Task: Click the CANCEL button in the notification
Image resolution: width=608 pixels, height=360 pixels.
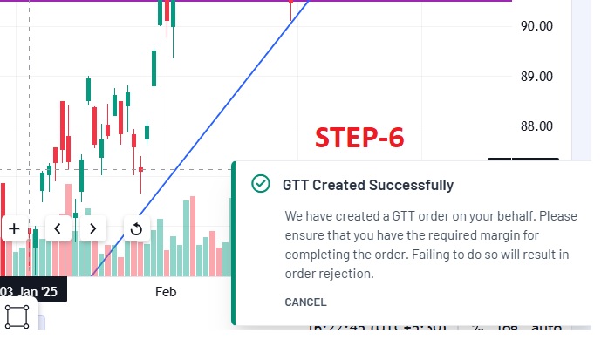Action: [305, 302]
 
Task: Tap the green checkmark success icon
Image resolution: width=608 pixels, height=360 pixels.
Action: [259, 184]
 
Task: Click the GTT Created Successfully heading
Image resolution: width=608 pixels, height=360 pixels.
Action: [367, 185]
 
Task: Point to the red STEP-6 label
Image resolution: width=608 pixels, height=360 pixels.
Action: [359, 138]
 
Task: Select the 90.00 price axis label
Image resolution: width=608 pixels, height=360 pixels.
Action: [536, 26]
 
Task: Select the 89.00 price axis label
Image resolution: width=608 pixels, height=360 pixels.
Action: [536, 77]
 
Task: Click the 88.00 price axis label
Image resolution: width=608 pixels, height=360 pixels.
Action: [536, 126]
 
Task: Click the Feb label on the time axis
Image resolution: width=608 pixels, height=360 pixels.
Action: [166, 291]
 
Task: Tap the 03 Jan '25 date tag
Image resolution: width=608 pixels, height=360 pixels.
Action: [30, 292]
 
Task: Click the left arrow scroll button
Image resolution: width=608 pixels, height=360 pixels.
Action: [58, 228]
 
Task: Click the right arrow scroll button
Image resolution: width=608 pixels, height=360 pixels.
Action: [92, 228]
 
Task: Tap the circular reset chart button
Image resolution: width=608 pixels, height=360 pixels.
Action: [136, 229]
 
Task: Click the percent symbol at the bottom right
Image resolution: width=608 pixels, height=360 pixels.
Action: [477, 329]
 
